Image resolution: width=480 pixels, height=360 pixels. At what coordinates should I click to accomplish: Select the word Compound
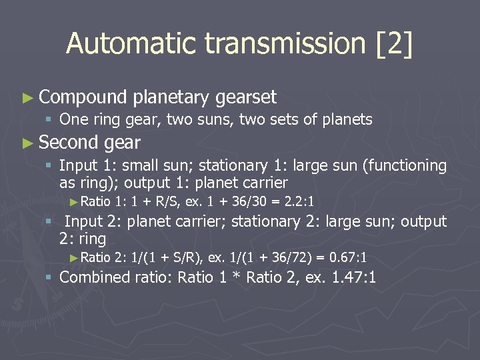click(83, 97)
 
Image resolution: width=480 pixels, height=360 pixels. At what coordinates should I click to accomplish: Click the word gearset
click(246, 97)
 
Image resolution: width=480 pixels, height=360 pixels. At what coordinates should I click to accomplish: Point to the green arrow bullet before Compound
click(27, 98)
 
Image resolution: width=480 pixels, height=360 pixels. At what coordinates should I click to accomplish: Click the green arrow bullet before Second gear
click(27, 143)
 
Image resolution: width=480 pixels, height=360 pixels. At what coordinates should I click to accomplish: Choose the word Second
click(69, 142)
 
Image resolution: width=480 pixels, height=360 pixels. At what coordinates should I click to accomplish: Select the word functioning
click(407, 165)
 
